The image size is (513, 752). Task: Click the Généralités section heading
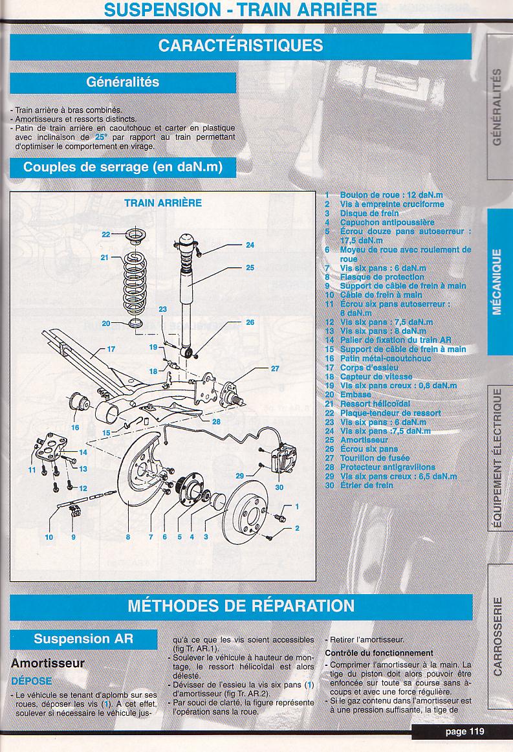tap(123, 83)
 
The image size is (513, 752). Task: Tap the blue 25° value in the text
tap(99, 137)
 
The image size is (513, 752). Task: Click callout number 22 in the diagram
tap(106, 234)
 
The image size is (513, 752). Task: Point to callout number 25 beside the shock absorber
tap(250, 267)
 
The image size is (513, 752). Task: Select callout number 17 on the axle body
tap(111, 349)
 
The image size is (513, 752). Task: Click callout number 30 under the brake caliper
tap(279, 487)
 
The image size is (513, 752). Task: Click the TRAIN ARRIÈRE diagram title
tap(163, 203)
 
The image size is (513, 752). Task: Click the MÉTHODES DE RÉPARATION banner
tap(241, 606)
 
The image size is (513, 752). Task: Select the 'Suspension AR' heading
tap(83, 638)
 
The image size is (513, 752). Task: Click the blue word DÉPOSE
tap(31, 681)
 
